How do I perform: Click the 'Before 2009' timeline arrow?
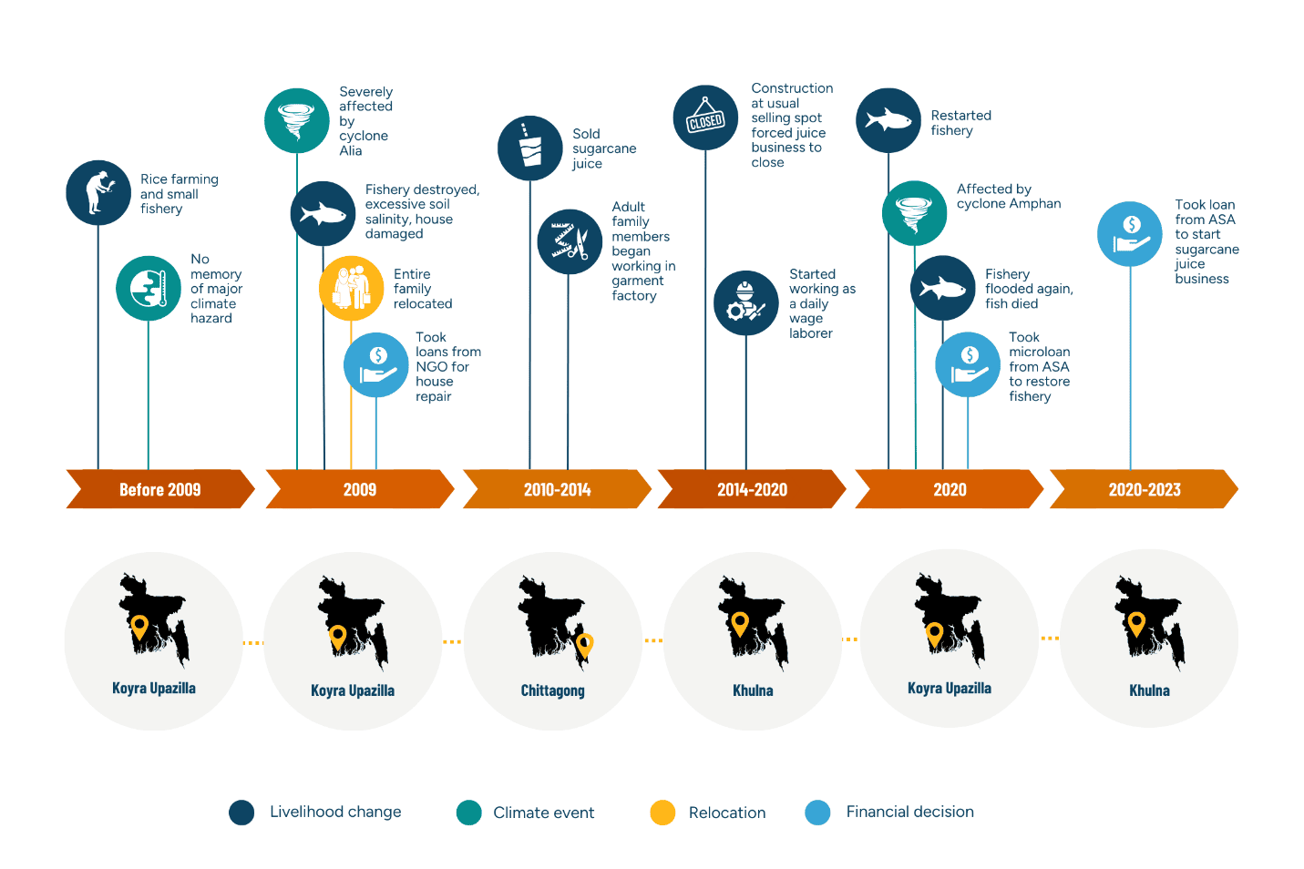(160, 489)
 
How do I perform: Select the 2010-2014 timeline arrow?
(557, 489)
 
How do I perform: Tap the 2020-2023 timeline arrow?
(1144, 489)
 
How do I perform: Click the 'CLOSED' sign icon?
(705, 118)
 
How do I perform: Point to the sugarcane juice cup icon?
(529, 148)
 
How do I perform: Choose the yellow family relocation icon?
(351, 288)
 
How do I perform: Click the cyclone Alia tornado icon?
(297, 120)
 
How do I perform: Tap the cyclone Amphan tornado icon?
(915, 213)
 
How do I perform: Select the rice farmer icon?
(98, 193)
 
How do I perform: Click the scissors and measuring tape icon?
(570, 241)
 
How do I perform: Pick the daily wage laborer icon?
(745, 302)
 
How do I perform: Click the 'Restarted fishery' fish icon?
(888, 120)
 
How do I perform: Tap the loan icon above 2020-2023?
(1130, 234)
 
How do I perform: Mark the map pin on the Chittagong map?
(584, 645)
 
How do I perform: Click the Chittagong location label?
(552, 690)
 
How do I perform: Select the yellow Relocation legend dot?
(662, 813)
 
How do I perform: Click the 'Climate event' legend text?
(544, 813)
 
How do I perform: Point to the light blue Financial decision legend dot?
(817, 813)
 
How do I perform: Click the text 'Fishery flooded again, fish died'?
(1029, 289)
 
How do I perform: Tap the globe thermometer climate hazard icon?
(149, 288)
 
